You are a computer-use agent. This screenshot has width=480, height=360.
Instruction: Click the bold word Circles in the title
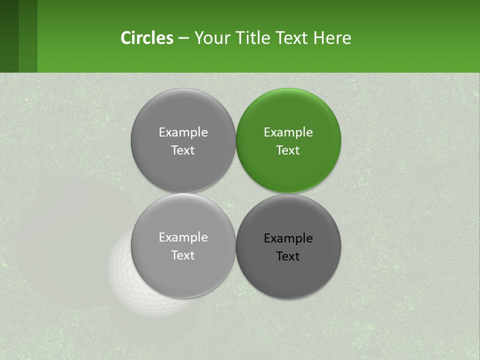[x=147, y=38]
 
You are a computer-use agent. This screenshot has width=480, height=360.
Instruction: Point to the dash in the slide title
[x=183, y=38]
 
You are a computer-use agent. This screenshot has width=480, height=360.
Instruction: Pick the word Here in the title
[x=332, y=38]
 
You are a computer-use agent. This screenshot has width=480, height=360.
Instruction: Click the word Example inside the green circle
[x=288, y=132]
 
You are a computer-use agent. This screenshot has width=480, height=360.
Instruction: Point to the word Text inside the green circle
[x=288, y=150]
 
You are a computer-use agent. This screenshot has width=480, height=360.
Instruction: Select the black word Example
[x=288, y=238]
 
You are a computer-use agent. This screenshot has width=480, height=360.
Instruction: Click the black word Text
[x=288, y=256]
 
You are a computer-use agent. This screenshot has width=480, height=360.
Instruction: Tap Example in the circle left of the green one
[x=183, y=132]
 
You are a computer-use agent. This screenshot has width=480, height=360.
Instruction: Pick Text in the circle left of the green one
[x=183, y=150]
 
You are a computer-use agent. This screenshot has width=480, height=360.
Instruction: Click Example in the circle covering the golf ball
[x=183, y=237]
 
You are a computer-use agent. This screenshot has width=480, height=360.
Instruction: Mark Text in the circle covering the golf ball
[x=183, y=255]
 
